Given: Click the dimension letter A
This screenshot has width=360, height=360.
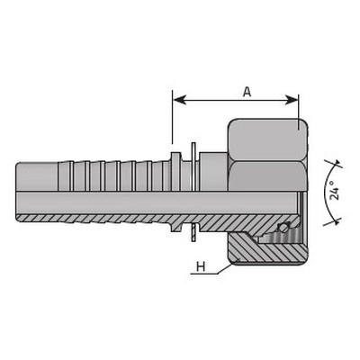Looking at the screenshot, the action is tap(247, 92).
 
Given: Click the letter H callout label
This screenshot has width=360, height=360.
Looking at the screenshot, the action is tap(201, 266).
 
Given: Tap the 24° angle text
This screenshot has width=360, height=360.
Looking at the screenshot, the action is tap(334, 190).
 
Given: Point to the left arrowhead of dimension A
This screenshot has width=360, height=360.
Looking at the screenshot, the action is tap(180, 100).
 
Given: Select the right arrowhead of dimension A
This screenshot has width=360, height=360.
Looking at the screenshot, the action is tap(291, 100).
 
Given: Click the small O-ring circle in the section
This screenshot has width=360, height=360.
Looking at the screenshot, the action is tap(283, 229).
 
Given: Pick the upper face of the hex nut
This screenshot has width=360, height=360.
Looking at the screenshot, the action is tap(267, 139).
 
